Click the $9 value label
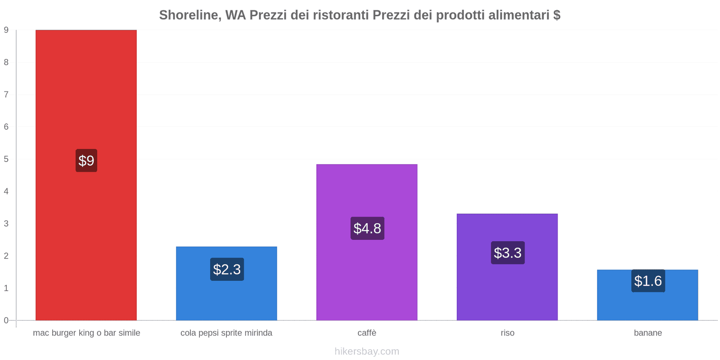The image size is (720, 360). (x=86, y=161)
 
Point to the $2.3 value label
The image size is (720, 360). (x=227, y=269)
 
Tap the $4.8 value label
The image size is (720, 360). (x=367, y=228)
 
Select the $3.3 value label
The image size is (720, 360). (x=508, y=252)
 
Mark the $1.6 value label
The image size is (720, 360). (x=648, y=281)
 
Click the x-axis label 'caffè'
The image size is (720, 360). (x=367, y=333)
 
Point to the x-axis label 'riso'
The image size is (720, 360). (x=507, y=333)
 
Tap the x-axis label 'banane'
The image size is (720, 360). (x=648, y=333)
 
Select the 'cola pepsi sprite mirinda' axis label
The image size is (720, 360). (x=226, y=333)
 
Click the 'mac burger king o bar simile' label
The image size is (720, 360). (x=86, y=333)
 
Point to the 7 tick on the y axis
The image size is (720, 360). (x=6, y=94)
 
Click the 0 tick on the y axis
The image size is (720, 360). (x=6, y=320)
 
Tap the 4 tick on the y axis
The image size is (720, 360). (x=6, y=191)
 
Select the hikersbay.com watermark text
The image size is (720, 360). (x=367, y=351)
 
